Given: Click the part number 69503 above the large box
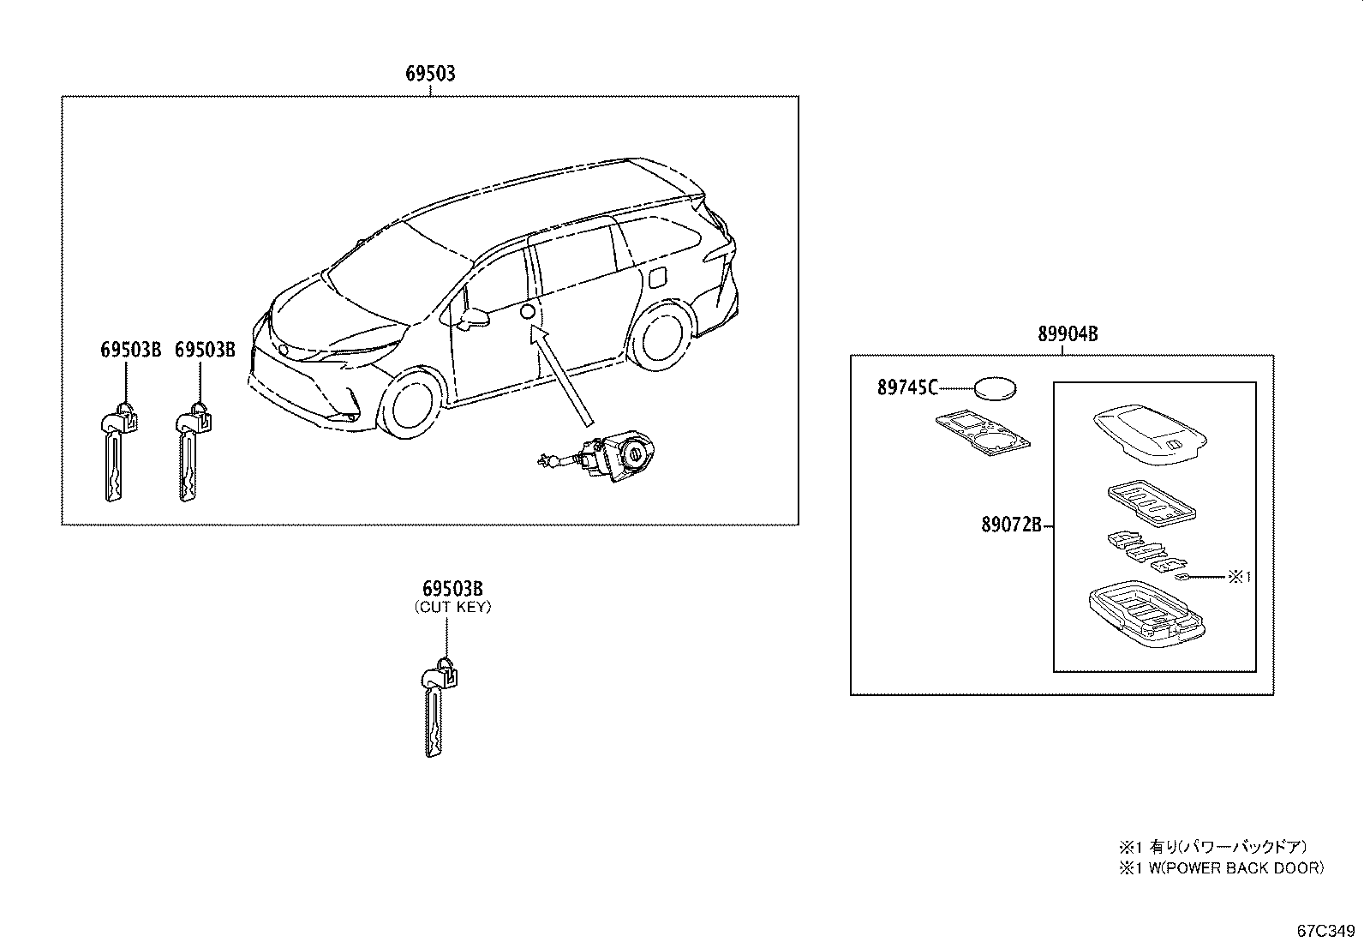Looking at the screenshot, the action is tap(430, 74).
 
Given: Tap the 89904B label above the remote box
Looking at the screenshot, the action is tap(1068, 334).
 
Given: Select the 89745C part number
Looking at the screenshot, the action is tap(907, 387).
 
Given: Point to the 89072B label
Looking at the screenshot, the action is tap(1011, 525).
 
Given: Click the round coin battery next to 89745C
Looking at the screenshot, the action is tap(1178, 388).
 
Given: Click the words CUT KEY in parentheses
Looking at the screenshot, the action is tap(453, 608).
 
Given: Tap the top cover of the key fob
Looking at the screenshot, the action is tap(1150, 435).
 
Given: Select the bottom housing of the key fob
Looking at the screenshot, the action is tap(1146, 614).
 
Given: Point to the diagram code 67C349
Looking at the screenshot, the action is tap(1325, 931).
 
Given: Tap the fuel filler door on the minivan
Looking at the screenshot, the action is tap(658, 279).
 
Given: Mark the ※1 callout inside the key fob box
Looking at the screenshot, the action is tap(1239, 576).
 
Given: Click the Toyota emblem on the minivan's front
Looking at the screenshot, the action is tap(283, 351).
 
